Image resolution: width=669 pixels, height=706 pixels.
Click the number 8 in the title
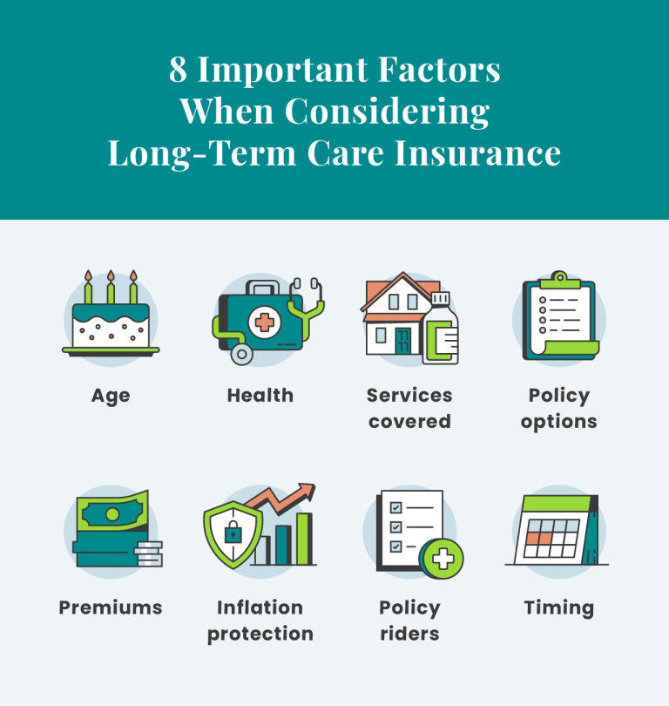[179, 70]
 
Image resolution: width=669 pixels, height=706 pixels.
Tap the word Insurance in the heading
[477, 153]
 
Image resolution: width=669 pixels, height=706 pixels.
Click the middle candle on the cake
[111, 286]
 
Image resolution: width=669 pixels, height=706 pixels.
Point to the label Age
[111, 396]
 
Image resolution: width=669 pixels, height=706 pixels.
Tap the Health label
[260, 396]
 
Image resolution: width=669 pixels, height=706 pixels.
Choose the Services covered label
[409, 408]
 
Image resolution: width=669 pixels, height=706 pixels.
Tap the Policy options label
[559, 408]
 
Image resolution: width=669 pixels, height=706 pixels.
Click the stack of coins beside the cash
[149, 553]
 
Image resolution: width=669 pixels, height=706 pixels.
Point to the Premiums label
[111, 608]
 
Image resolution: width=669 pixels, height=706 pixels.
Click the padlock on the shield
[233, 533]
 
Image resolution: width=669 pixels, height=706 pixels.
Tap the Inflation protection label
[260, 621]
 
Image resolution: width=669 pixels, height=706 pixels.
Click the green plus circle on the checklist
[442, 559]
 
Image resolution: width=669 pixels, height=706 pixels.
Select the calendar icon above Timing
[557, 530]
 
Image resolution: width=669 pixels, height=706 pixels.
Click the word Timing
[558, 608]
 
